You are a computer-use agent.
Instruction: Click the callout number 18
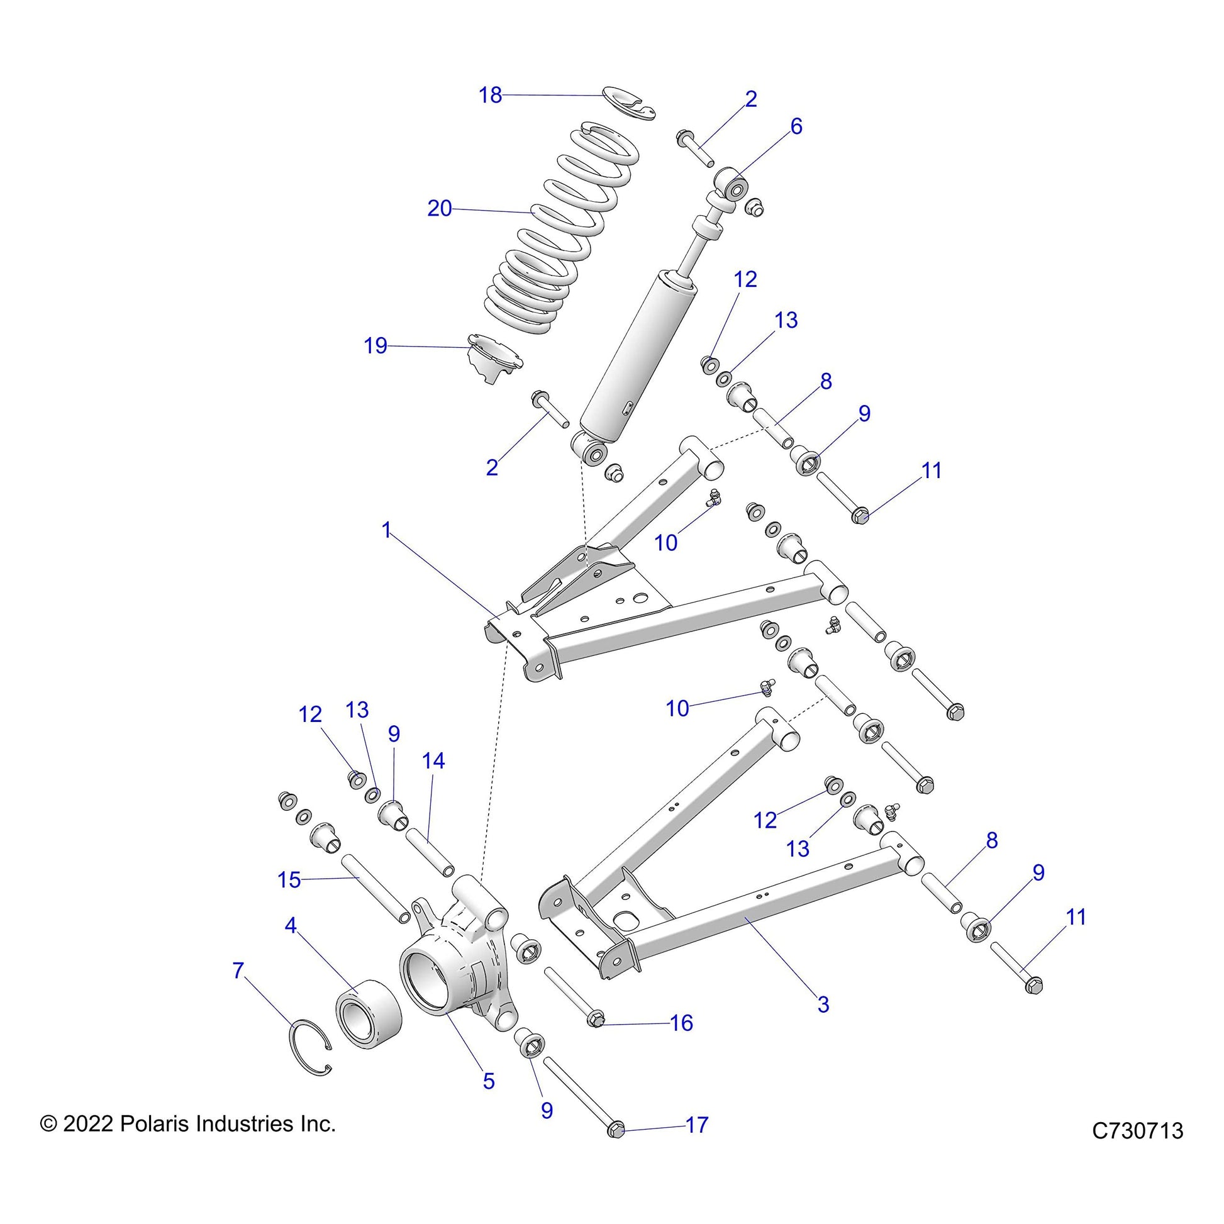pos(490,95)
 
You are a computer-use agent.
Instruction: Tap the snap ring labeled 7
pos(310,1047)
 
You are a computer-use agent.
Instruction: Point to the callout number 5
pos(489,1081)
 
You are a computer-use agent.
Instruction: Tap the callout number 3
pos(823,1004)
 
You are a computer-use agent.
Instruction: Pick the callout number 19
pos(375,346)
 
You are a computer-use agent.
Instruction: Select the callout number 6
pos(796,126)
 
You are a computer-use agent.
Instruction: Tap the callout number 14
pos(433,760)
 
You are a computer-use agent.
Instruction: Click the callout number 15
pos(289,879)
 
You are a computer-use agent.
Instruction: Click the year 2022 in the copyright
pos(88,1124)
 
